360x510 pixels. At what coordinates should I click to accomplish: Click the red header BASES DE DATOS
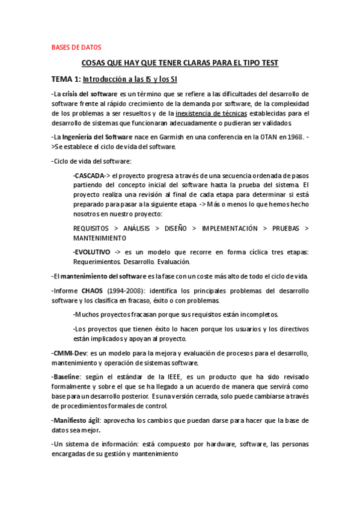point(76,47)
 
